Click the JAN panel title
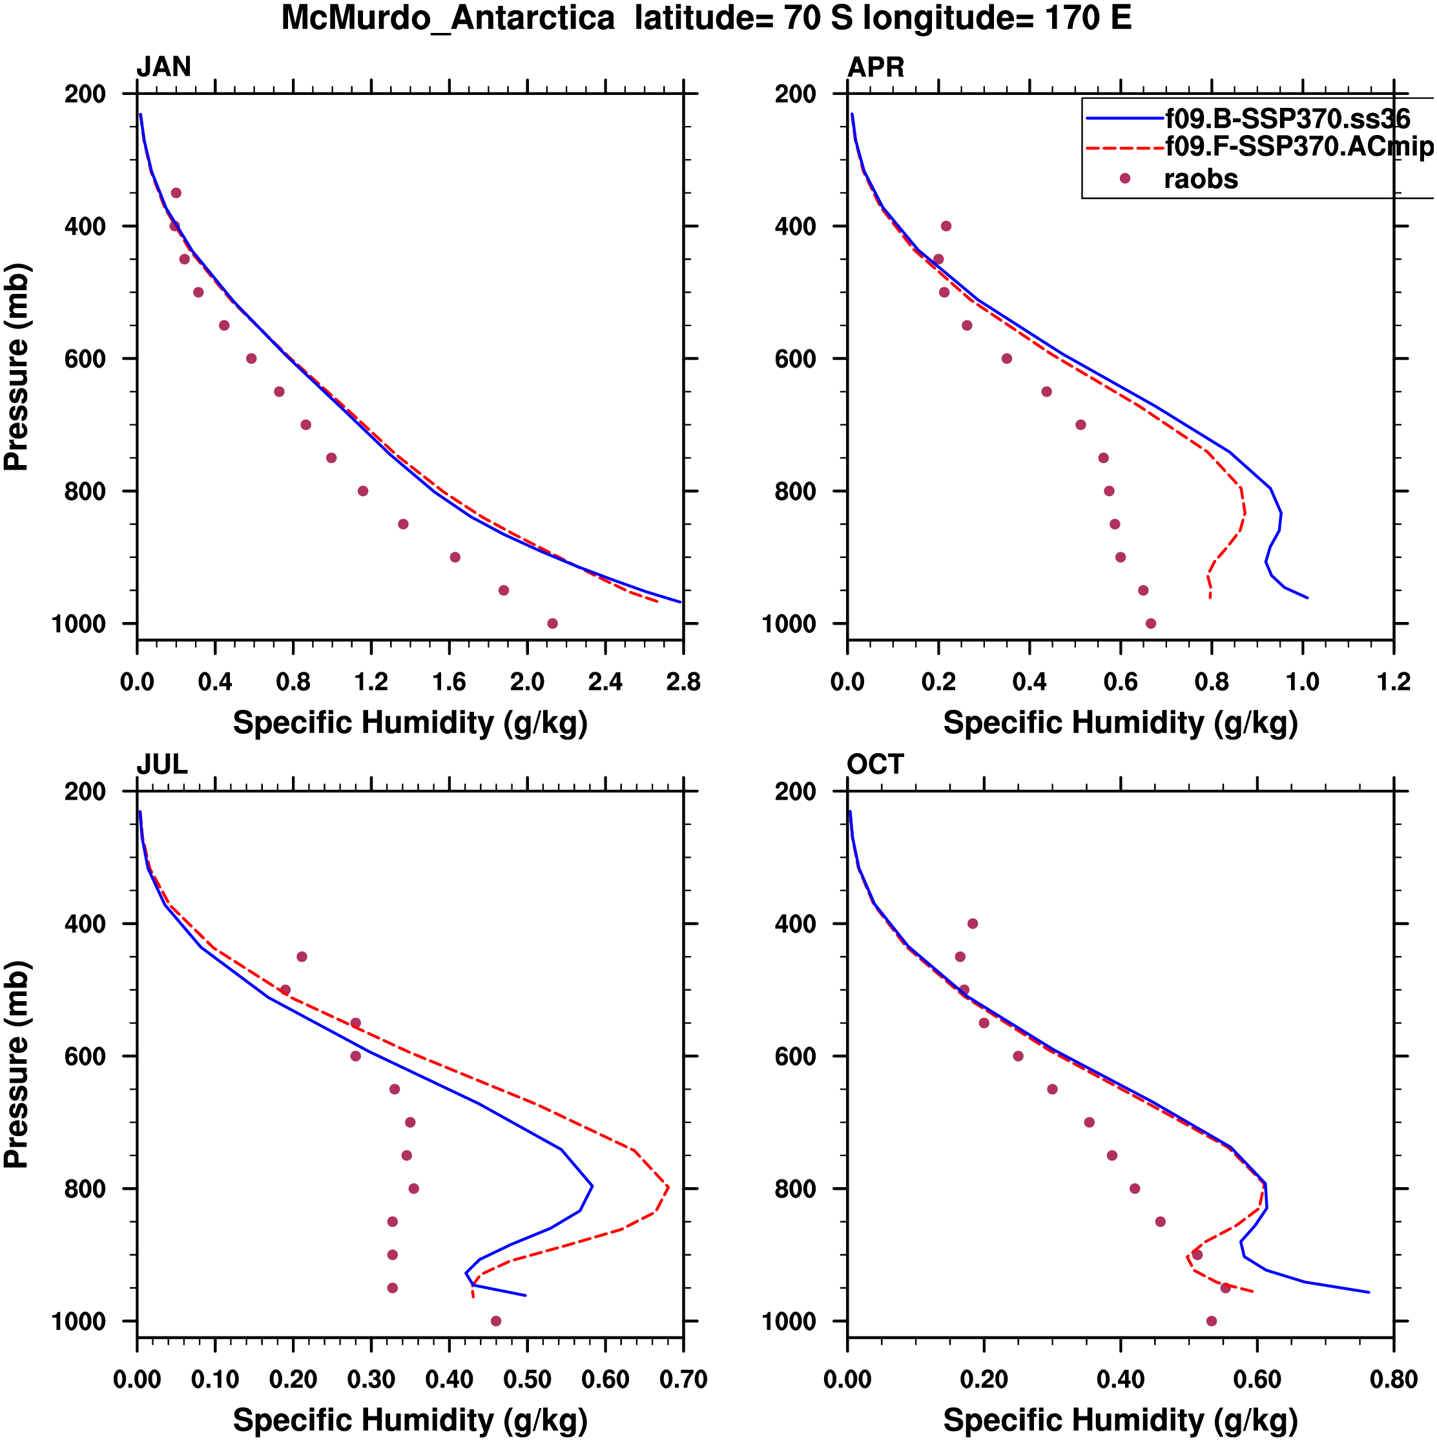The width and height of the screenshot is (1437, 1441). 163,67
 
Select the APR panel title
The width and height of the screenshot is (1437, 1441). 876,67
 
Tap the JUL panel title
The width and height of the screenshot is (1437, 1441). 162,765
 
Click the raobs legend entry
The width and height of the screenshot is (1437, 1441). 1200,179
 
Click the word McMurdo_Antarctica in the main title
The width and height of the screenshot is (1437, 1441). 448,18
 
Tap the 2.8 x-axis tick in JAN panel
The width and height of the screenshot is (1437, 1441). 683,681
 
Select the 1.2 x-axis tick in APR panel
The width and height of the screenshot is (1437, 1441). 1393,681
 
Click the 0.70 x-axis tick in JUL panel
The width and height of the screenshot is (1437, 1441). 683,1379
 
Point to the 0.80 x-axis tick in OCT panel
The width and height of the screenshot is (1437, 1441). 1393,1379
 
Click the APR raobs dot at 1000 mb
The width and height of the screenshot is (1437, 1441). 1151,623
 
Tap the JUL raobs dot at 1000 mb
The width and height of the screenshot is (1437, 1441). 496,1321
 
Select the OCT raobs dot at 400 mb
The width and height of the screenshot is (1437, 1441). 973,924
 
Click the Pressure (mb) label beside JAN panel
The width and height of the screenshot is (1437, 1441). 16,366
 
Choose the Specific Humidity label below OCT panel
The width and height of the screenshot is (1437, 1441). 1120,1421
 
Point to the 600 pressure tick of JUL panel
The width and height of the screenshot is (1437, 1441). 85,1056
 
